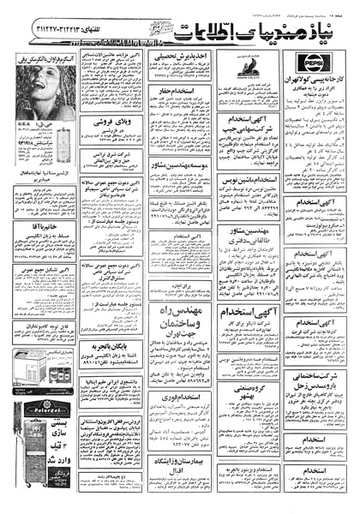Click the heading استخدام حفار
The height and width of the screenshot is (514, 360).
point(178,88)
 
